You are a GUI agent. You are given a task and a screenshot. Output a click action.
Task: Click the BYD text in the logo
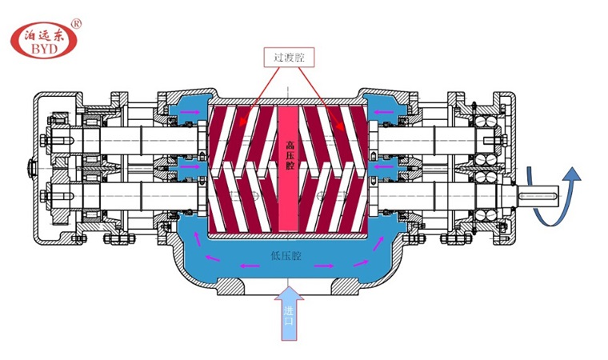point(44,48)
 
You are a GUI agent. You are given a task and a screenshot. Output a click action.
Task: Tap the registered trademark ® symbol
point(77,24)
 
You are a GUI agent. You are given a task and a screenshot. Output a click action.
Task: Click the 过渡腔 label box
point(289,58)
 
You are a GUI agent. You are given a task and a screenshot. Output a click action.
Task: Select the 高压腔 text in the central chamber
point(290,155)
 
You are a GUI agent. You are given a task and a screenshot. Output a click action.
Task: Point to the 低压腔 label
point(286,256)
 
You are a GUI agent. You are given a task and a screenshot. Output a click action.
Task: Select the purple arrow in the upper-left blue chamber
point(193,113)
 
